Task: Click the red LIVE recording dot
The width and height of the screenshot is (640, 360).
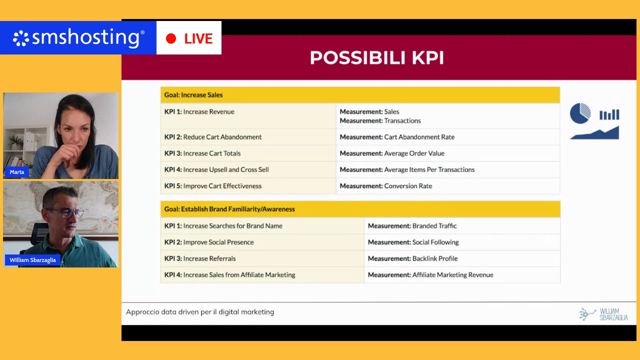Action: point(171,38)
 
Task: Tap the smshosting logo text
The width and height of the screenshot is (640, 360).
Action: point(85,37)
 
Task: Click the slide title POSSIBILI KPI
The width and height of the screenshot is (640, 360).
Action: point(377,57)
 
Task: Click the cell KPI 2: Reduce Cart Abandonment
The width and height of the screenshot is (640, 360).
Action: point(248,137)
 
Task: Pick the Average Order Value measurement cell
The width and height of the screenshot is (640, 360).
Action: point(447,153)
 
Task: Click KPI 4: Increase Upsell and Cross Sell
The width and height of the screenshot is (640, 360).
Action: point(248,169)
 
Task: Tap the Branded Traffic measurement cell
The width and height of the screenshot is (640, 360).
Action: point(462,225)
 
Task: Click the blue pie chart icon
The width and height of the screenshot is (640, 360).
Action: point(580,113)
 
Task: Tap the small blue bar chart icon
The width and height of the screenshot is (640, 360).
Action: point(609,114)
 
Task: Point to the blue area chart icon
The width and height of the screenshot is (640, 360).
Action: point(594,133)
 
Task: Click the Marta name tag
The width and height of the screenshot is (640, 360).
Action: point(17,172)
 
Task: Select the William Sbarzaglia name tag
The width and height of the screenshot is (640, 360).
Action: point(32,260)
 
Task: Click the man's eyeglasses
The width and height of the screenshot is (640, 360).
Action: point(65,213)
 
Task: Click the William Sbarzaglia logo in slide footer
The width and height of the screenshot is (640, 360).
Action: point(603,314)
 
